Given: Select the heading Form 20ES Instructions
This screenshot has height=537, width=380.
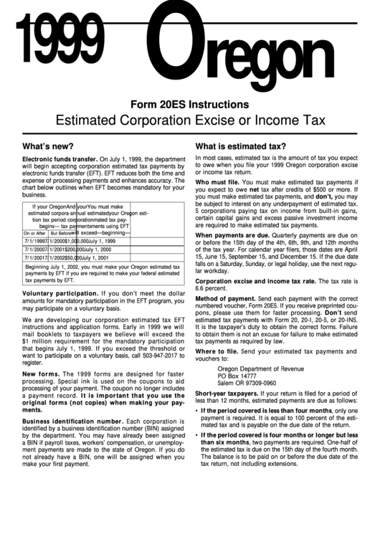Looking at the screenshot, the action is pos(189,105).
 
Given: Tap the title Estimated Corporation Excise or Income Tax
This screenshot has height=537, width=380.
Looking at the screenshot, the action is pos(189,120).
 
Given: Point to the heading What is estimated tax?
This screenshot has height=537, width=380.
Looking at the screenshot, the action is pos(241,146).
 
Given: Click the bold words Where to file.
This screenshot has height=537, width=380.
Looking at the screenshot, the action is pos(215,351).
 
